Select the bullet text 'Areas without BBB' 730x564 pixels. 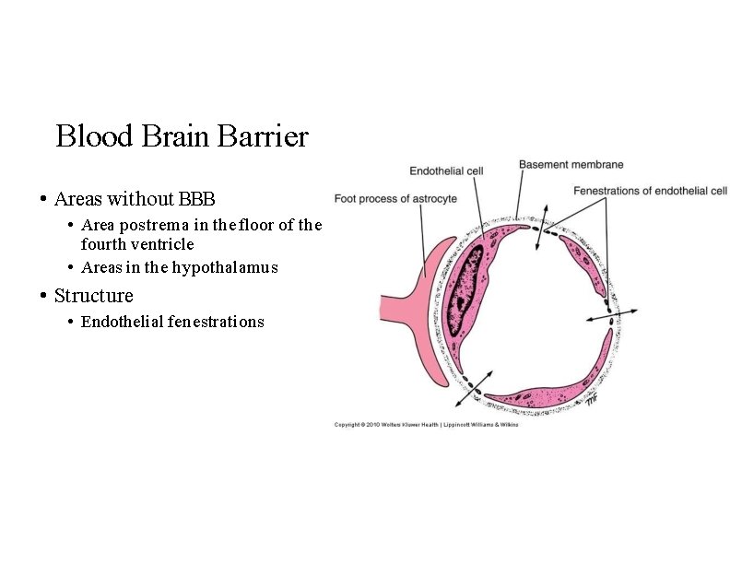(x=135, y=198)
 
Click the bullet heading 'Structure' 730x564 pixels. (x=93, y=296)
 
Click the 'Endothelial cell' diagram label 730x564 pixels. (x=446, y=170)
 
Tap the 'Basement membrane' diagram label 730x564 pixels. (x=571, y=165)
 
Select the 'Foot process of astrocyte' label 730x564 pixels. (x=395, y=198)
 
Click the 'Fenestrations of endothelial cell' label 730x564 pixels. (x=650, y=191)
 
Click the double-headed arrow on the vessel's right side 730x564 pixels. (x=610, y=316)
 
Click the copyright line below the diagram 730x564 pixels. (x=426, y=425)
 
